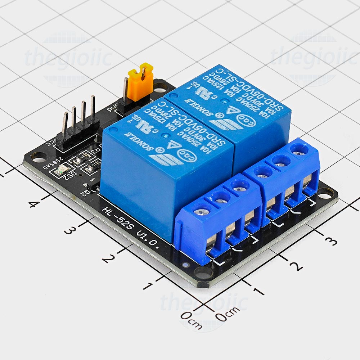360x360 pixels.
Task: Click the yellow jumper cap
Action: (x=140, y=82)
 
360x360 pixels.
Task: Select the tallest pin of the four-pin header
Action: (x=93, y=108)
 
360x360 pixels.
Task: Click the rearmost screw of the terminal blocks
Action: (x=298, y=148)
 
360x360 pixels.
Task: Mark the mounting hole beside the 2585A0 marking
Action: (x=38, y=157)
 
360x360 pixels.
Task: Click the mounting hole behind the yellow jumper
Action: (x=158, y=86)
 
